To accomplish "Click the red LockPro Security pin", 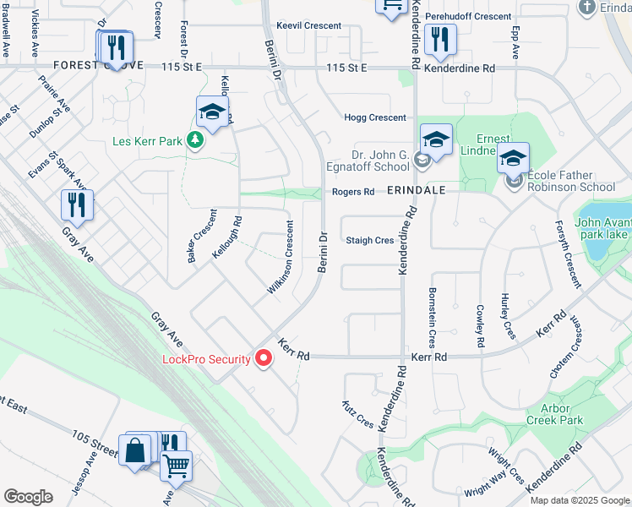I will pyautogui.click(x=264, y=359).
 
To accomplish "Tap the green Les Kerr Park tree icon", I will pyautogui.click(x=196, y=139).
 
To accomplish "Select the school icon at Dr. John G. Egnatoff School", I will pyautogui.click(x=436, y=140).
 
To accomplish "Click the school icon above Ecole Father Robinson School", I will pyautogui.click(x=513, y=159).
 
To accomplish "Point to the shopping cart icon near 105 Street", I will pyautogui.click(x=176, y=465).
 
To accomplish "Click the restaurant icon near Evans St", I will pyautogui.click(x=77, y=205).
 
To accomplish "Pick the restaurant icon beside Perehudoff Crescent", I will pyautogui.click(x=439, y=39).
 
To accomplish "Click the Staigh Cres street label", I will pyautogui.click(x=370, y=241).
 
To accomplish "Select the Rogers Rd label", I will pyautogui.click(x=352, y=192).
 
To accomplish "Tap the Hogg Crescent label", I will pyautogui.click(x=375, y=117).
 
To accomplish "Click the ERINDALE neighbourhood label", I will pyautogui.click(x=416, y=192).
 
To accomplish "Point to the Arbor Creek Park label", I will pyautogui.click(x=555, y=413).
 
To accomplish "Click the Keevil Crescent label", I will pyautogui.click(x=308, y=26).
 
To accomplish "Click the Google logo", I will pyautogui.click(x=28, y=497).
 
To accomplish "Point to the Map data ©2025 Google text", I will pyautogui.click(x=579, y=500).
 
